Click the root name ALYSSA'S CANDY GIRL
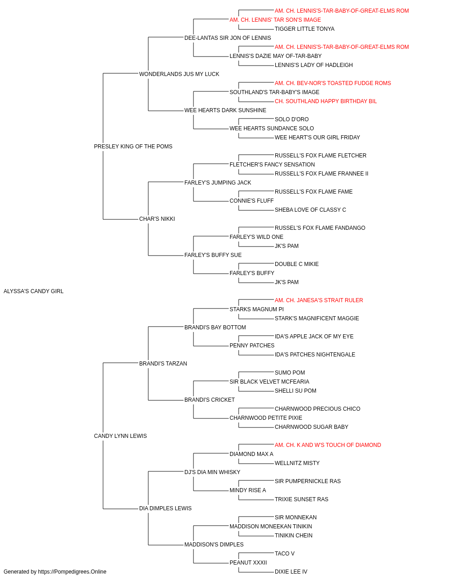pyautogui.click(x=33, y=291)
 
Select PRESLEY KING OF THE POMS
pyautogui.click(x=133, y=147)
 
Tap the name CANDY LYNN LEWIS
pyautogui.click(x=120, y=436)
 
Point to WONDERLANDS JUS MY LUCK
pyautogui.click(x=179, y=74)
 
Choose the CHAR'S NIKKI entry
pyautogui.click(x=157, y=219)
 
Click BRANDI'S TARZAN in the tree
pyautogui.click(x=163, y=364)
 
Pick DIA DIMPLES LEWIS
pyautogui.click(x=165, y=508)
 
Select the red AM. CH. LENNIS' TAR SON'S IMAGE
pyautogui.click(x=275, y=20)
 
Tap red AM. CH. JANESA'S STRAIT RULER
pyautogui.click(x=319, y=300)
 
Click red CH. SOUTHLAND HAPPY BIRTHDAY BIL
pyautogui.click(x=326, y=101)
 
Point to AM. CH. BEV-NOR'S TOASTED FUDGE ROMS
pyautogui.click(x=333, y=83)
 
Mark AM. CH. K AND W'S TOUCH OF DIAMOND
pyautogui.click(x=328, y=445)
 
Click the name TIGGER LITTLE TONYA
pyautogui.click(x=305, y=29)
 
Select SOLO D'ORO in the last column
pyautogui.click(x=292, y=119)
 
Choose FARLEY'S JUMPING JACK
pyautogui.click(x=218, y=183)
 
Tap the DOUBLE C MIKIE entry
pyautogui.click(x=297, y=264)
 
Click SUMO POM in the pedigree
pyautogui.click(x=290, y=373)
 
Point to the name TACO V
pyautogui.click(x=285, y=554)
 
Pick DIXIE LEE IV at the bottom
pyautogui.click(x=291, y=572)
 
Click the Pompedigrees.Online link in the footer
pyautogui.click(x=72, y=572)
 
